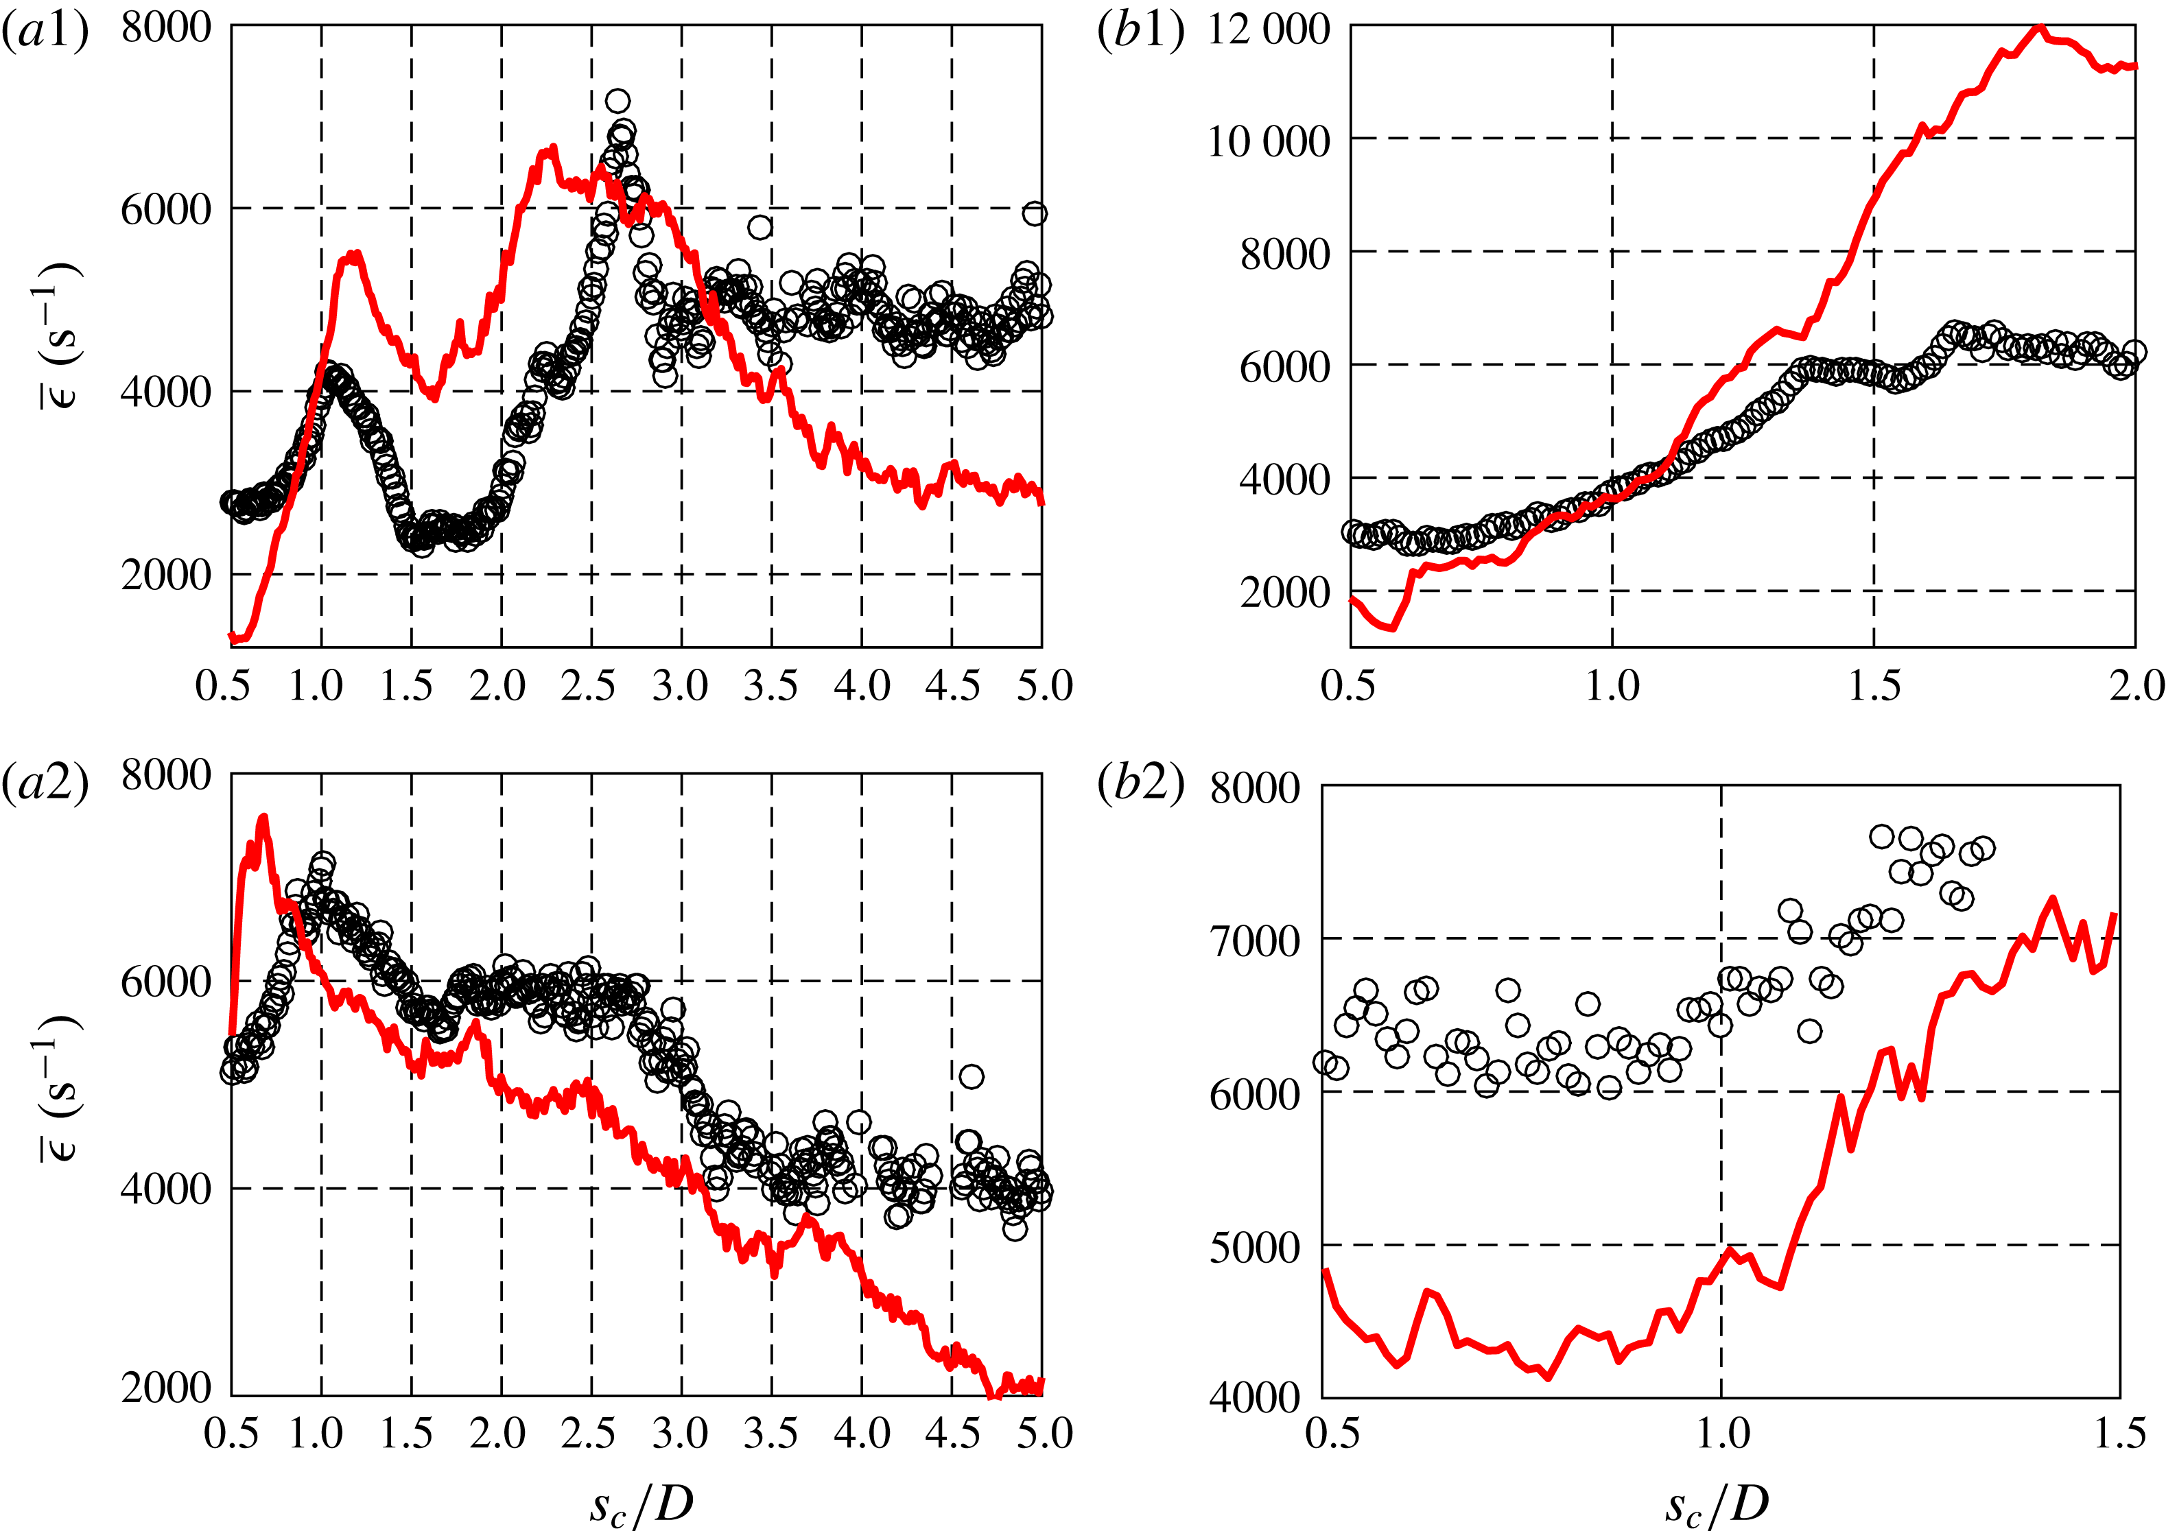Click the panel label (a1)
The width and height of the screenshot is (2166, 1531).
click(45, 30)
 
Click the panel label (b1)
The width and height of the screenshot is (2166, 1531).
click(1140, 30)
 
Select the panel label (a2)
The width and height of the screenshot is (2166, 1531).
click(45, 781)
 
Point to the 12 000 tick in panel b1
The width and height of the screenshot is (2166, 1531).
click(1268, 30)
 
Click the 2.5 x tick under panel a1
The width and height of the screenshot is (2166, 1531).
click(588, 686)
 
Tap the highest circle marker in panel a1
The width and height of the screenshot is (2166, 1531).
click(618, 101)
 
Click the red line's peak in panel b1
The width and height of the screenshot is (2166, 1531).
click(2038, 27)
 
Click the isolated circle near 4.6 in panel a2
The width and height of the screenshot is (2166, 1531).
click(971, 1076)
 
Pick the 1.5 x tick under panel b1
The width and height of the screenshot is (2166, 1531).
click(1874, 686)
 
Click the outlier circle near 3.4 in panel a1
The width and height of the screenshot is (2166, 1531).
click(760, 227)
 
